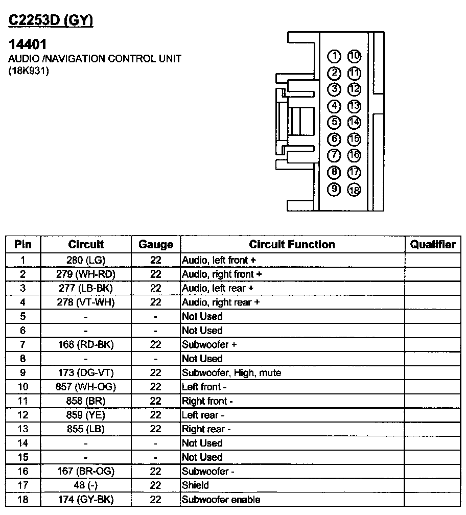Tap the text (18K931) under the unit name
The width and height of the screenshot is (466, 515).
[x=29, y=71]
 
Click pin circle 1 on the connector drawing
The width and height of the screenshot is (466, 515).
[x=334, y=56]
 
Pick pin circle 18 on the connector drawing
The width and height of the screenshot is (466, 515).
[x=354, y=190]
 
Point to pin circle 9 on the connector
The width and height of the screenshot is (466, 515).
[x=334, y=189]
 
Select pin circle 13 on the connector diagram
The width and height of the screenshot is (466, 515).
[x=354, y=106]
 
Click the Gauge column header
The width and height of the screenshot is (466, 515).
[x=156, y=245]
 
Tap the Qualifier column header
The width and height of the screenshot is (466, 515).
[x=433, y=245]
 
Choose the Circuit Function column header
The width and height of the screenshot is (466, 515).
[x=292, y=245]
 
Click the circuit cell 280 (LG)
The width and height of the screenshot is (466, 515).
[x=86, y=260]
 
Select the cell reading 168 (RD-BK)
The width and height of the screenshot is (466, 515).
[x=86, y=344]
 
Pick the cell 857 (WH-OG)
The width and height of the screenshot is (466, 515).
[x=86, y=387]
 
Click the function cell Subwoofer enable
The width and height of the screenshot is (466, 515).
[x=221, y=500]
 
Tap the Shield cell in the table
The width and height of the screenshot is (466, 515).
[x=196, y=485]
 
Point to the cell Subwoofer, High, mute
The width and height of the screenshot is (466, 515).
[x=231, y=372]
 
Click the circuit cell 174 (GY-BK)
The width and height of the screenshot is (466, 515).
[x=86, y=500]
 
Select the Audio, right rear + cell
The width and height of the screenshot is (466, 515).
[x=221, y=302]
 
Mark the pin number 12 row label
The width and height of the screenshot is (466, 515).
[x=22, y=415]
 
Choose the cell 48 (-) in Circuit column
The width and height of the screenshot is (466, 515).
[x=86, y=485]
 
